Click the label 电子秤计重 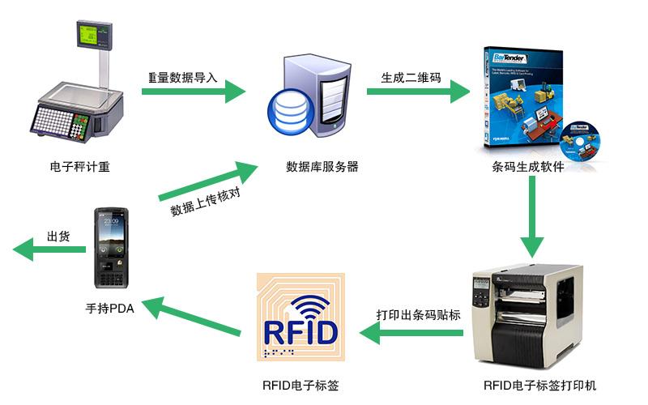pyautogui.click(x=79, y=168)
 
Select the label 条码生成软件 pyautogui.click(x=527, y=168)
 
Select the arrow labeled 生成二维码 pyautogui.click(x=418, y=92)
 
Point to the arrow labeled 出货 pyautogui.click(x=49, y=250)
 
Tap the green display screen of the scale pyautogui.click(x=92, y=33)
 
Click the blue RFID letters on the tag pyautogui.click(x=301, y=333)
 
